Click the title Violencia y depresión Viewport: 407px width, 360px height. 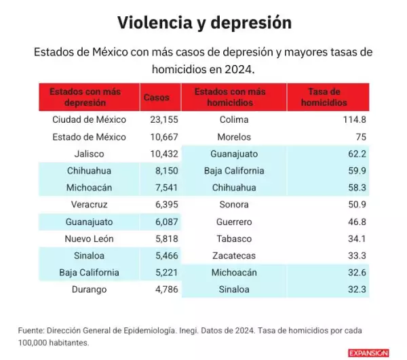[204, 23]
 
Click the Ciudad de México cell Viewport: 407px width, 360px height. [90, 119]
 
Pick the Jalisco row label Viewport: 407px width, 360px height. [90, 153]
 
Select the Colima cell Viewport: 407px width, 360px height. [234, 119]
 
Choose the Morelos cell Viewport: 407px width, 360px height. [234, 136]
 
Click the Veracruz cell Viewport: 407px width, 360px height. [90, 204]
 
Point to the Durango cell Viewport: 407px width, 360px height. [90, 289]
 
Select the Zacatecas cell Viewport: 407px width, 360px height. [234, 256]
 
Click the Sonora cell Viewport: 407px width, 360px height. [234, 204]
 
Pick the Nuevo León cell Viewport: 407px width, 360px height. [90, 239]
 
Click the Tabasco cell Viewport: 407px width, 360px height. [234, 239]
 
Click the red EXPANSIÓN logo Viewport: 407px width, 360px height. [368, 353]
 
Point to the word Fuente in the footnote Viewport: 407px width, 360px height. [31, 330]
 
